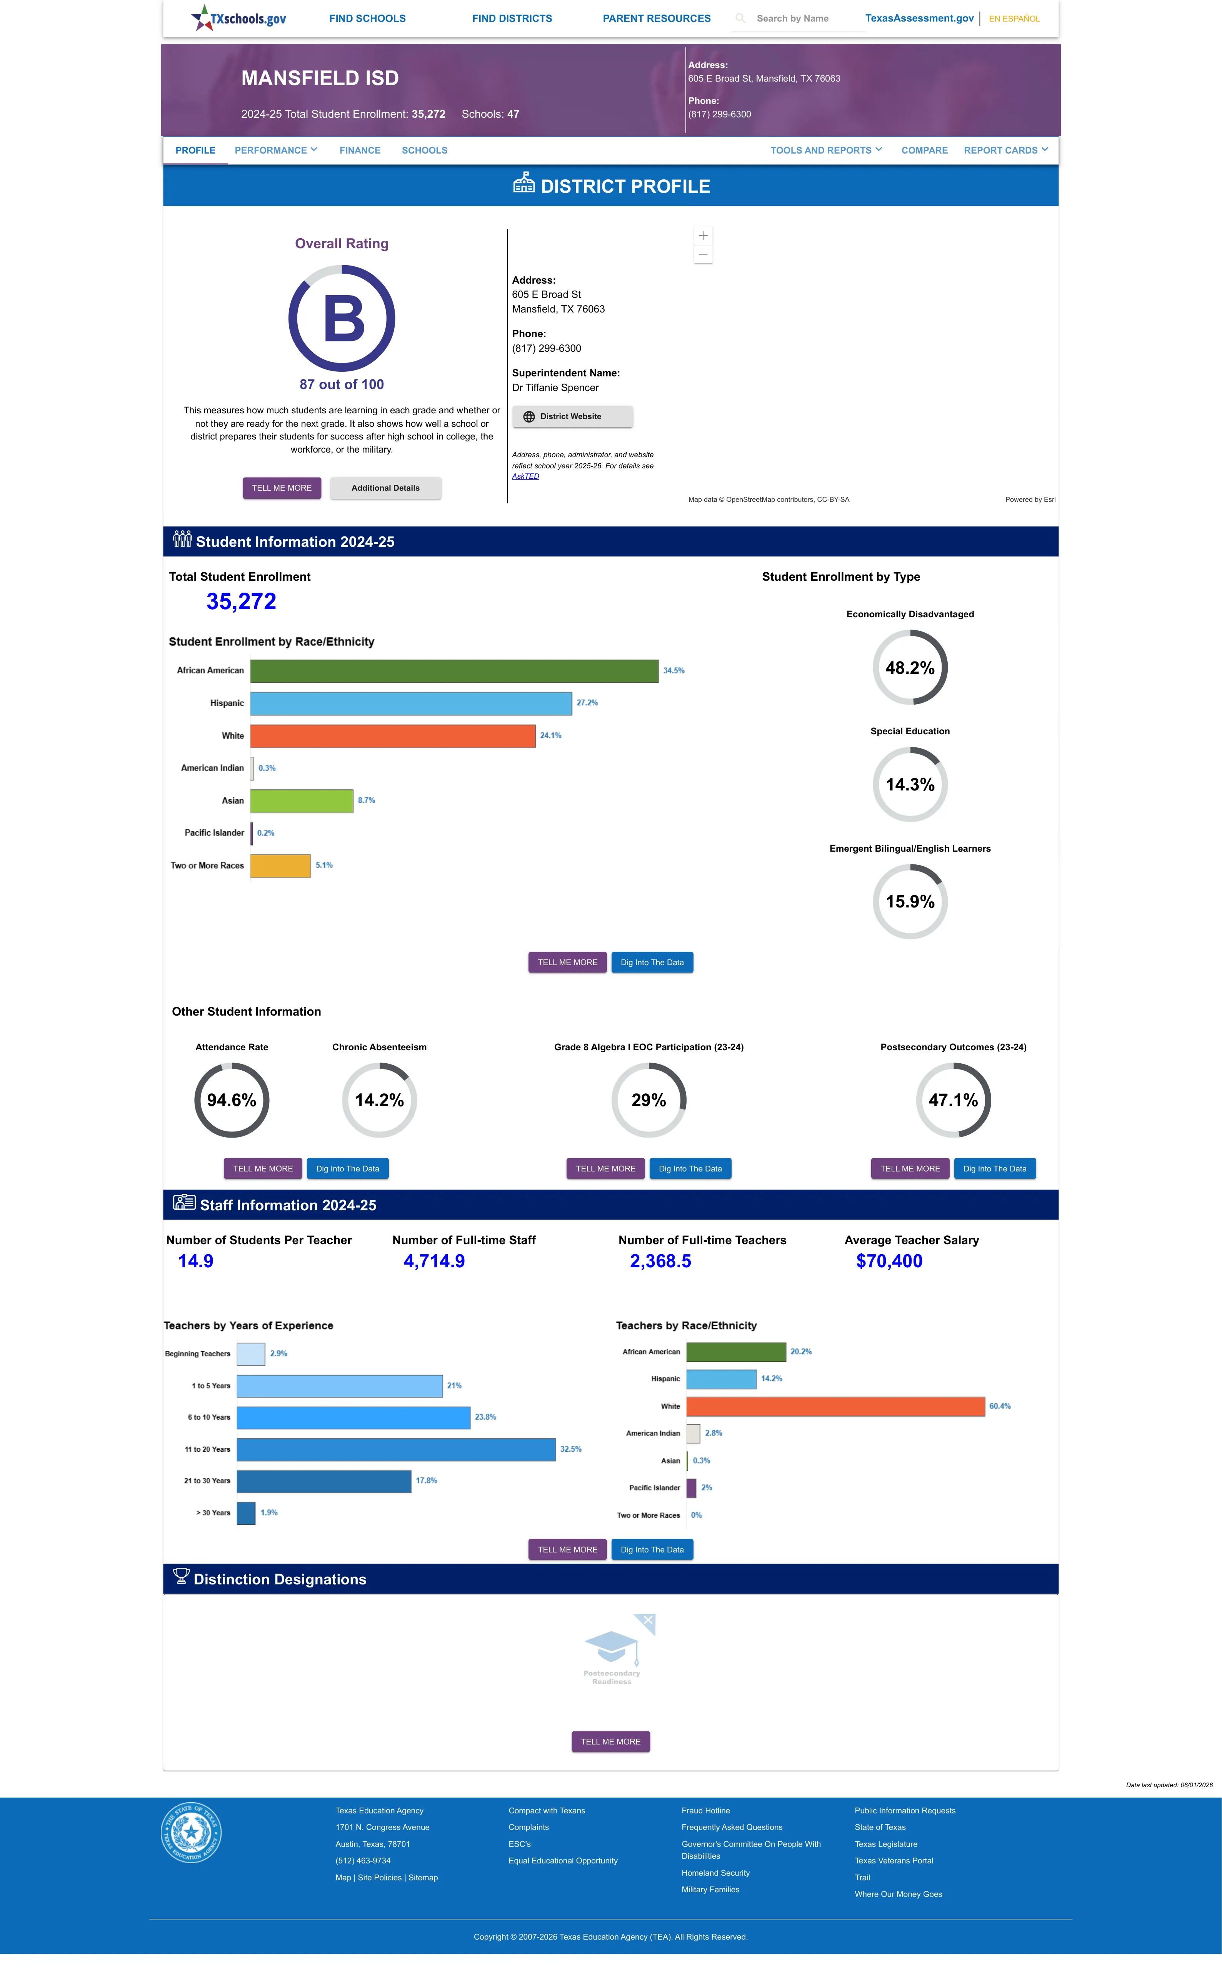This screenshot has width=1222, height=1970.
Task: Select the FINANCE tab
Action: click(x=360, y=150)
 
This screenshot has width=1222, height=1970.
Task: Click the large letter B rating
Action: click(x=343, y=319)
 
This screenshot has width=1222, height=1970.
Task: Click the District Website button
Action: click(x=572, y=416)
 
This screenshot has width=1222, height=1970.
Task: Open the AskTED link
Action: click(x=525, y=476)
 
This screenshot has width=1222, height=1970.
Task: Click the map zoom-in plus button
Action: click(x=703, y=235)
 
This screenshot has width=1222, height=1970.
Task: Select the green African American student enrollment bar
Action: click(x=454, y=671)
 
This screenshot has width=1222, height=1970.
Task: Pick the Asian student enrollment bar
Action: click(x=302, y=800)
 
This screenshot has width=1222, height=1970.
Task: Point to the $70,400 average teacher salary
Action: click(x=889, y=1261)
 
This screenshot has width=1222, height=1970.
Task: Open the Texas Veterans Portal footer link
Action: click(x=894, y=1861)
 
